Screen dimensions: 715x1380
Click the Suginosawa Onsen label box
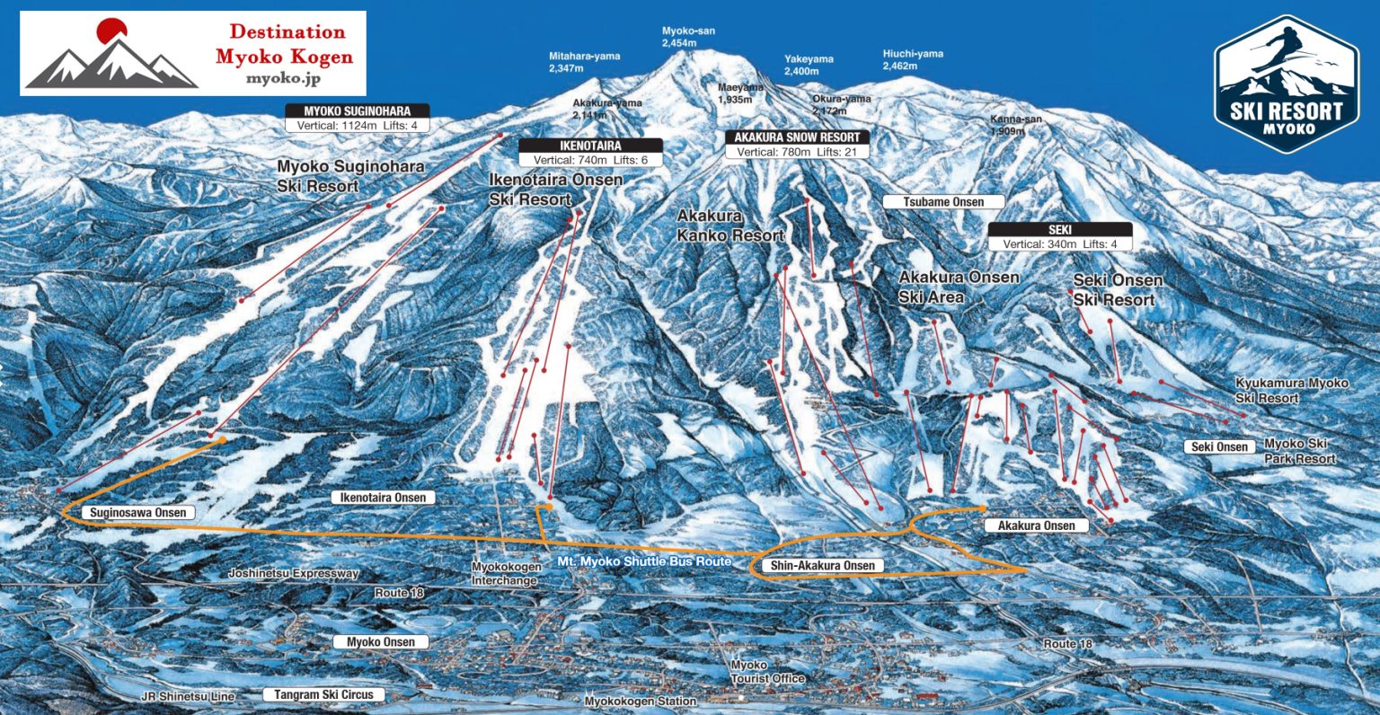point(138,513)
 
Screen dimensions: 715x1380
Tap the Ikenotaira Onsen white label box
point(383,498)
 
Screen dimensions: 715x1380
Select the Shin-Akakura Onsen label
point(822,566)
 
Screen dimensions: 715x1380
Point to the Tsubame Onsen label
point(943,202)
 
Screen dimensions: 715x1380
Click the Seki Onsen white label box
point(1219,446)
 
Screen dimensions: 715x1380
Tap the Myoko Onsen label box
point(381,642)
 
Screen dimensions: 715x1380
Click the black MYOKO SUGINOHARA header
point(358,111)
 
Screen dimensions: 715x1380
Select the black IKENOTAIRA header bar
point(590,146)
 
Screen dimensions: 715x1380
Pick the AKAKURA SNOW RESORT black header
point(797,137)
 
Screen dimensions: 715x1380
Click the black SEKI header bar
point(1059,230)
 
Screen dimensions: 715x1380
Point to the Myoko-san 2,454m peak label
point(688,37)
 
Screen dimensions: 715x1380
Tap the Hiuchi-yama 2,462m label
point(913,59)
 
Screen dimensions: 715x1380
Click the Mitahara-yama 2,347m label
point(584,62)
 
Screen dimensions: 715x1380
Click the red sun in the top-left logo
point(111,31)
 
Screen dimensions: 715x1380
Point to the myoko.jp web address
point(284,78)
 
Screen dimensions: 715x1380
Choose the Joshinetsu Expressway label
point(294,573)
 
